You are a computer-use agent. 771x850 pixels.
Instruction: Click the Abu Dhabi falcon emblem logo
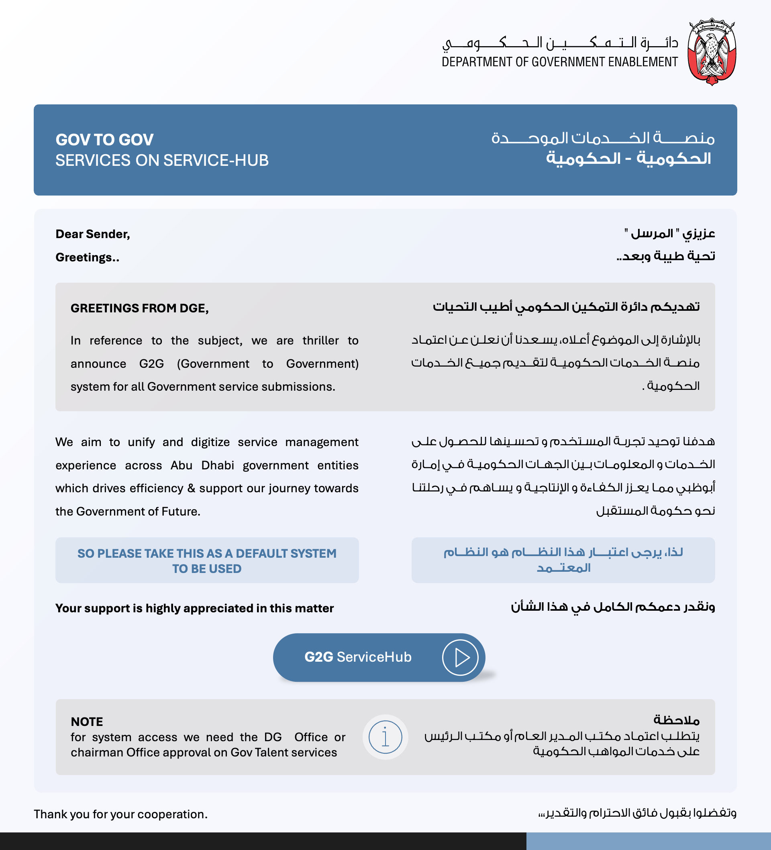tap(712, 51)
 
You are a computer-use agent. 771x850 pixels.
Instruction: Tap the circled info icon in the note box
tap(385, 737)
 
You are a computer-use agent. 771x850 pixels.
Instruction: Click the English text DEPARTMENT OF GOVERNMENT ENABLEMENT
tap(559, 62)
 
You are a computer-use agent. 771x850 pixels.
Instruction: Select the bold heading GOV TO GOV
tap(104, 140)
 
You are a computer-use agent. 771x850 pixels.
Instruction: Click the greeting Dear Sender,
tap(93, 234)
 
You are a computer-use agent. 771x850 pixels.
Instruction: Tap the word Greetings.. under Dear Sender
tap(87, 257)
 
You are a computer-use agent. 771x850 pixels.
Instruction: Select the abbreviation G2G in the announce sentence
tap(151, 363)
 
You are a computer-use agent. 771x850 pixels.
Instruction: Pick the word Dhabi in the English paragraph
tap(217, 465)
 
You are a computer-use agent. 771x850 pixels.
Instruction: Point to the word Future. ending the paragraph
tap(181, 512)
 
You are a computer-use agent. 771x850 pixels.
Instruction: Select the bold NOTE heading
tap(87, 722)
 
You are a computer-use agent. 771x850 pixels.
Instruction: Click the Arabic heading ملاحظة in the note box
tap(676, 720)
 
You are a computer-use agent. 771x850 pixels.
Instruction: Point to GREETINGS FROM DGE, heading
tap(140, 308)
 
